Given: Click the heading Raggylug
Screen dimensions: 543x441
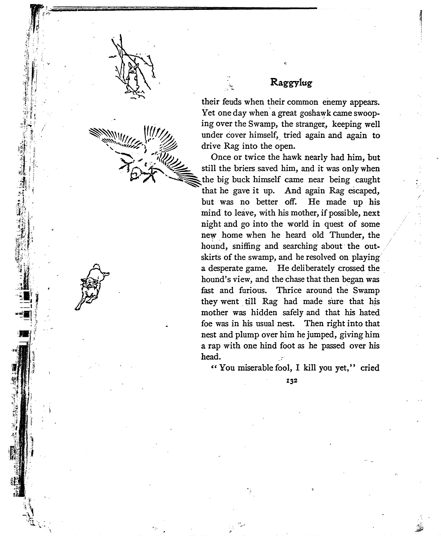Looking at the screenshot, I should coord(291,83).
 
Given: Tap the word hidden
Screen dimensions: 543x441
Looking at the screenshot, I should coord(264,312).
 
